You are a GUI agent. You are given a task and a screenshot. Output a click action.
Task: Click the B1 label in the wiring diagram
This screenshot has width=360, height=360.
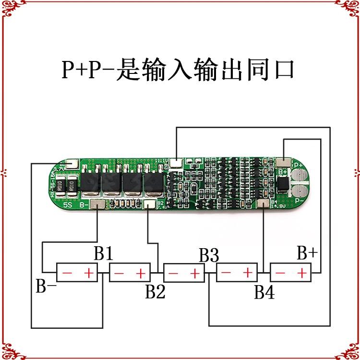coord(103,253)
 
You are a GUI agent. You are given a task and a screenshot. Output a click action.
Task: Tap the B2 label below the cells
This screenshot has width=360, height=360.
coord(155,291)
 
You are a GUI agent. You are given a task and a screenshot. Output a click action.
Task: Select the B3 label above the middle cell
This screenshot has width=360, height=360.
coord(209,255)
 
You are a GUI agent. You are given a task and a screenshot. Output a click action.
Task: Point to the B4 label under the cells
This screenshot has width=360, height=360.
coord(264,292)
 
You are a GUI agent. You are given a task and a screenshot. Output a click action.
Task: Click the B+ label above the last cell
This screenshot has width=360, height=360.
coord(307,253)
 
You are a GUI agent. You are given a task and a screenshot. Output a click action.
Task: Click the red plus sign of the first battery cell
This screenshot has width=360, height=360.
coord(89,274)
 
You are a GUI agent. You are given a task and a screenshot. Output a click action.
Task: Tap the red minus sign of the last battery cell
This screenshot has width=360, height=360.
coord(281,274)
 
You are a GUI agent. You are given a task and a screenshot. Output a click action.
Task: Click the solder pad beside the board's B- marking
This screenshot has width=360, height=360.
coord(97,205)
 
